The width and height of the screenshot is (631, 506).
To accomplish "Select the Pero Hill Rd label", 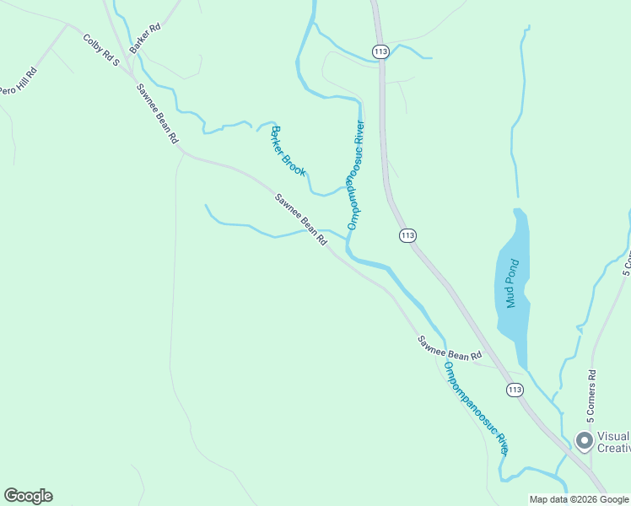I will point(19,80).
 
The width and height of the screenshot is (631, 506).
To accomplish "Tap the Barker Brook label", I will point(288,151).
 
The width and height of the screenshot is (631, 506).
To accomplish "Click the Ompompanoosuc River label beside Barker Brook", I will point(355,175).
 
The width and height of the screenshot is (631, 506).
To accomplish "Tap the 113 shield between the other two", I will point(407,235).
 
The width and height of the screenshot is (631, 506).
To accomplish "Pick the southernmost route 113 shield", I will point(515,389).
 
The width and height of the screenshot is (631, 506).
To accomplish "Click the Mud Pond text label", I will point(511,284).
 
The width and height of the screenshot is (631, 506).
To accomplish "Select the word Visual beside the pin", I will point(613,436).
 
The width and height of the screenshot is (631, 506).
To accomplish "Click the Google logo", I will point(28,496).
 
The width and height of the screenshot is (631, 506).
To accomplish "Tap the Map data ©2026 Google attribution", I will point(579,499).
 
